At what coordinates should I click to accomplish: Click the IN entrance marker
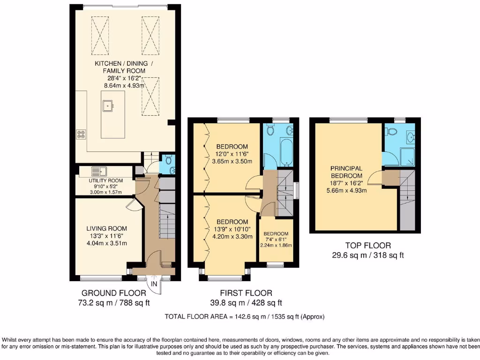point(154,284)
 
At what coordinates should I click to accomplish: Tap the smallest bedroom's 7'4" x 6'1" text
point(276,240)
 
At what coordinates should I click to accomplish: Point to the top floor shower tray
point(407,158)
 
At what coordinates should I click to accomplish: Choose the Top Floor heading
point(367,245)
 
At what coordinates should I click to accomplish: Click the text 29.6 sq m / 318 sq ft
point(367,255)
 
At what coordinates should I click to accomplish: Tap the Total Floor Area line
point(244,317)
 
